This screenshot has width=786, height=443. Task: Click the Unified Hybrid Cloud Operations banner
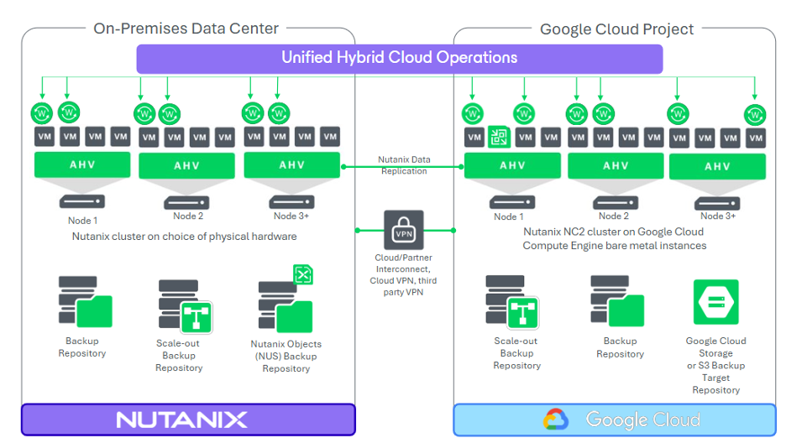(x=399, y=58)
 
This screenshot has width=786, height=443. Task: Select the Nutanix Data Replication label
(x=404, y=164)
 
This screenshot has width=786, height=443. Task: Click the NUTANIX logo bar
(x=188, y=420)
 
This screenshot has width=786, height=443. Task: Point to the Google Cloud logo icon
(x=556, y=420)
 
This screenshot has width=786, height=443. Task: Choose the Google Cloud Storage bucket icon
(x=715, y=302)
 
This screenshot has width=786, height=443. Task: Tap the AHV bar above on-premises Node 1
(x=83, y=164)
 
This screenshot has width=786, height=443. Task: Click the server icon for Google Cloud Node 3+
(x=717, y=201)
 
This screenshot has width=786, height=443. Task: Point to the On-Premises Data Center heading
(x=186, y=29)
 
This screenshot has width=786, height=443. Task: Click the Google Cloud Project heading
(x=616, y=29)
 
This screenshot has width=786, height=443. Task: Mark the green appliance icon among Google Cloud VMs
(x=499, y=137)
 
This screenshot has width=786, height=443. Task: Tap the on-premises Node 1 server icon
(x=83, y=201)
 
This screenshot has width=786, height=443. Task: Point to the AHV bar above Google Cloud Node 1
(x=512, y=165)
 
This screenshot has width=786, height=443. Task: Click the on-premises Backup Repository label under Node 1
(x=82, y=347)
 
